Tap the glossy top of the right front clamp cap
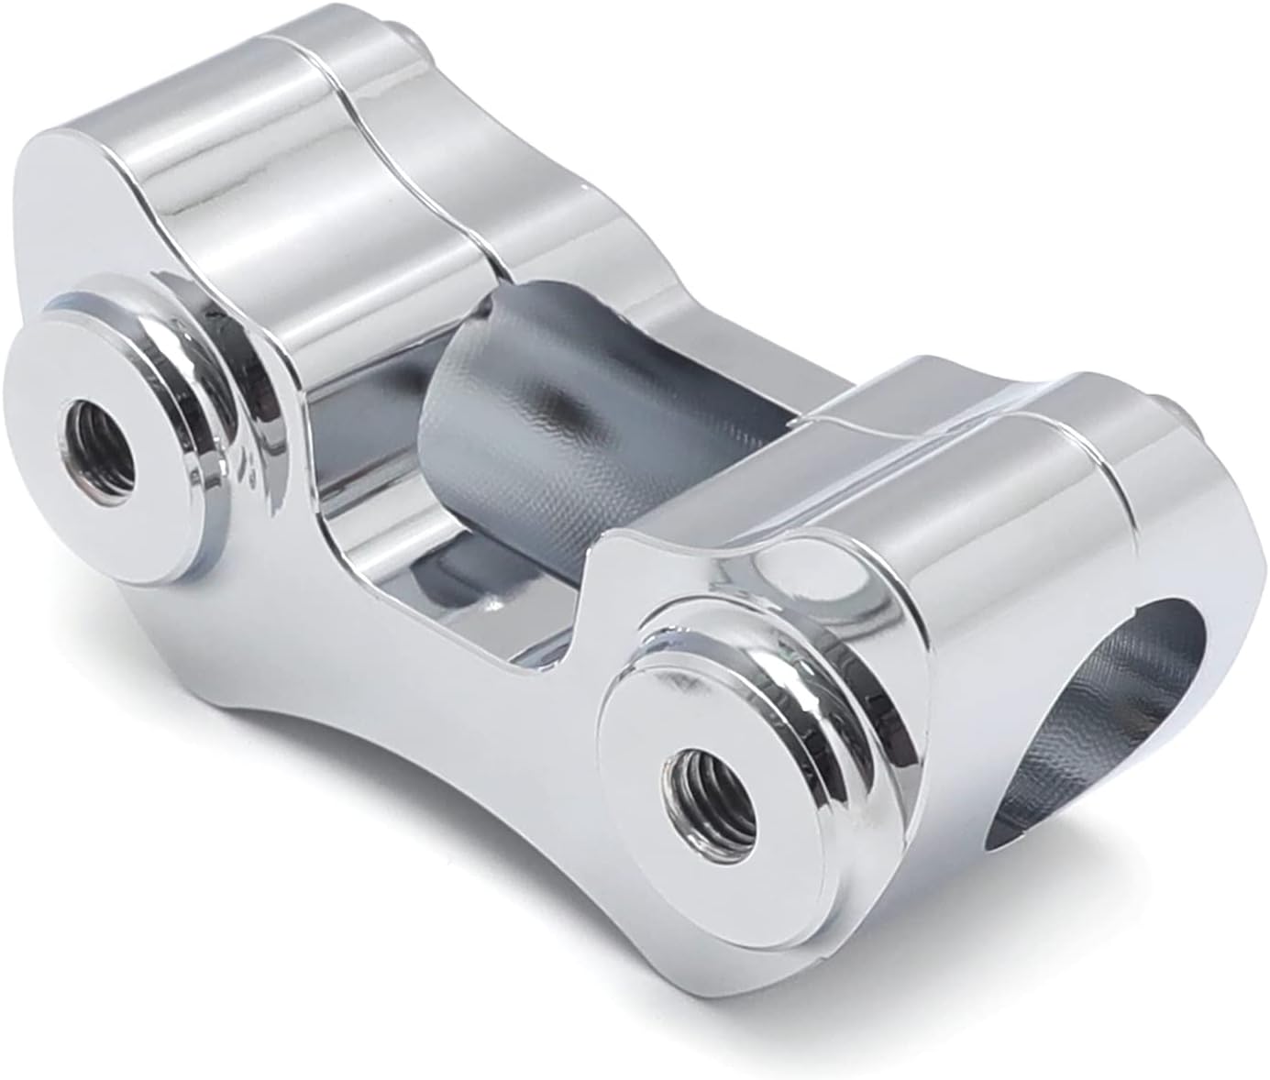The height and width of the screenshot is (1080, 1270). [963, 477]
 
